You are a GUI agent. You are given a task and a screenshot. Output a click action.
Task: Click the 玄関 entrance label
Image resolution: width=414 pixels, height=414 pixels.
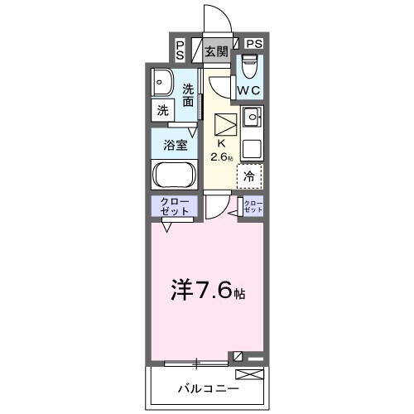(217, 51)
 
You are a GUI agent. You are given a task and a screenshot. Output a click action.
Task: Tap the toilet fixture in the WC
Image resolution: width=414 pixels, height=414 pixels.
(250, 65)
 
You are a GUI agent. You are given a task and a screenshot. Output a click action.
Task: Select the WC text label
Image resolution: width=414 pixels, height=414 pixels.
(250, 89)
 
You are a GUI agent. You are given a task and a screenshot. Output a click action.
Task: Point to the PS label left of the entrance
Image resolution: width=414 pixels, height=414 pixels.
(181, 51)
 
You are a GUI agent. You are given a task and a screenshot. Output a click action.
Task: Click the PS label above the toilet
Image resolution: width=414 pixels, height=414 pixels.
(253, 43)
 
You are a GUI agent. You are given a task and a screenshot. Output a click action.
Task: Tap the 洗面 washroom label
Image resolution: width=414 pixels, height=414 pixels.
(190, 95)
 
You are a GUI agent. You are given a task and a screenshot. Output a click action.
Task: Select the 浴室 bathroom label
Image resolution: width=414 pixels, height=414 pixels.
(174, 144)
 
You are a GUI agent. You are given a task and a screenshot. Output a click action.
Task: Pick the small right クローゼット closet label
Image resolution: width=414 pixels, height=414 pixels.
(252, 207)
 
